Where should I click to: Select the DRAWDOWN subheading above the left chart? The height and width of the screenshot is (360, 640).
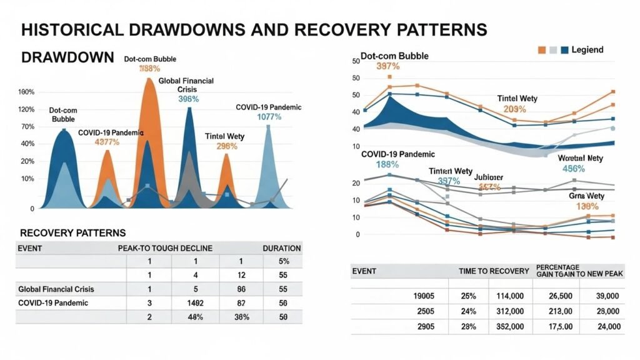67,57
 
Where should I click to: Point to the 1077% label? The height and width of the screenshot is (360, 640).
270,117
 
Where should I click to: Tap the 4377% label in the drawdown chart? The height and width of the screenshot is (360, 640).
107,142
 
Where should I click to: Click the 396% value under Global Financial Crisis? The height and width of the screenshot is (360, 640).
188,99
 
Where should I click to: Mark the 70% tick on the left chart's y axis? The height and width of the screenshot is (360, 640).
27,127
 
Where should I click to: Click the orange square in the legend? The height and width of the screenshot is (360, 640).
542,49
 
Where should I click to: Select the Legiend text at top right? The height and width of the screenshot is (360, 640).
587,49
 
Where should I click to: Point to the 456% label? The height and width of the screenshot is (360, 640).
573,169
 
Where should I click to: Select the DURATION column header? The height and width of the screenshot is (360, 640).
281,248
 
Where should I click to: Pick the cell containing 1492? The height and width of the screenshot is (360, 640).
194,303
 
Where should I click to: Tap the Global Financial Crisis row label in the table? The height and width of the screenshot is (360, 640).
61,289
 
